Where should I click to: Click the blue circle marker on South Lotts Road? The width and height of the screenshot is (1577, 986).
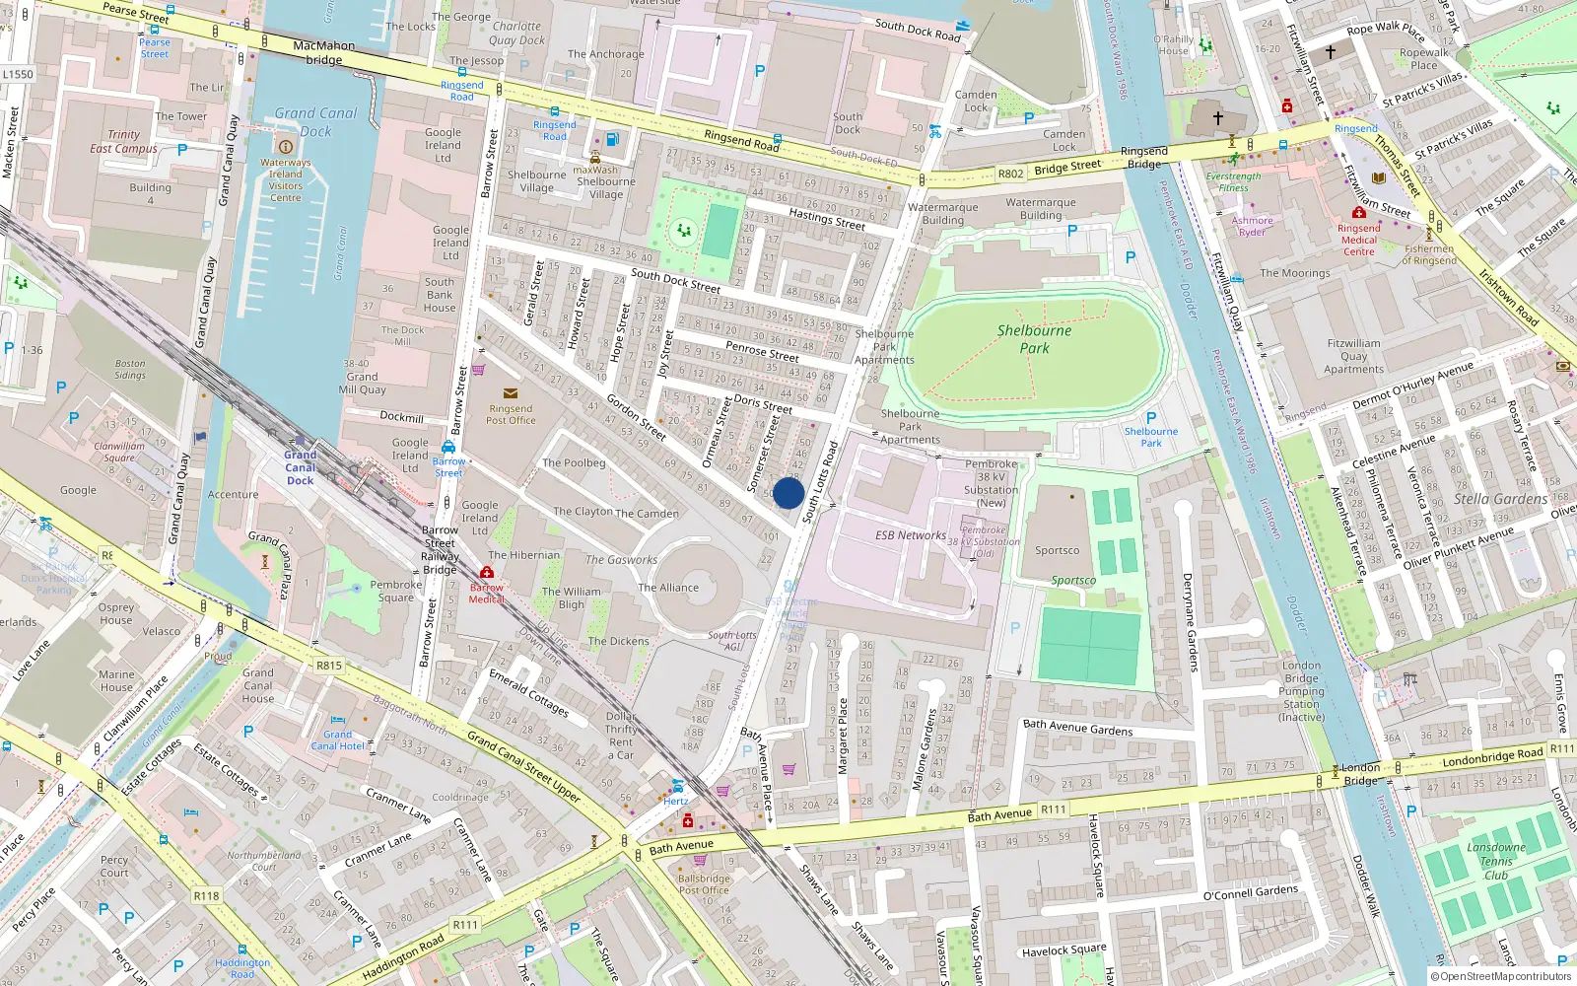(788, 493)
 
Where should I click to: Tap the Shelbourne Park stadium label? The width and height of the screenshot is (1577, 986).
(1034, 339)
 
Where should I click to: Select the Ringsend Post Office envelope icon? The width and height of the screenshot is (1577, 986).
(511, 393)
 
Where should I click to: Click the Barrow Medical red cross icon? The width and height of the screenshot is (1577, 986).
(486, 573)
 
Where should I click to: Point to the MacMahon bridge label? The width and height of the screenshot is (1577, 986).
(324, 52)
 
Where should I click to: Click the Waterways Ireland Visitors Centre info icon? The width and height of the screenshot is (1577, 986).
(286, 146)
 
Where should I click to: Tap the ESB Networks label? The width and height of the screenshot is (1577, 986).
(910, 535)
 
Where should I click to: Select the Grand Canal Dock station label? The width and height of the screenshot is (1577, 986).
(301, 467)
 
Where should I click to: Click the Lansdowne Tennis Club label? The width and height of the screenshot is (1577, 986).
(1495, 861)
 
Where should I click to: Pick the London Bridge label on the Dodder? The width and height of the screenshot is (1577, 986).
(1360, 774)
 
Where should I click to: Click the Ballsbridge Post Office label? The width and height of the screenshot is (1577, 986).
(704, 884)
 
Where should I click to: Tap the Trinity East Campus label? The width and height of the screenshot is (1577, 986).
(123, 142)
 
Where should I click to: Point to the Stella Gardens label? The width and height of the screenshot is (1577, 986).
(1500, 499)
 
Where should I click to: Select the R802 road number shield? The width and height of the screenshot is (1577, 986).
(1010, 174)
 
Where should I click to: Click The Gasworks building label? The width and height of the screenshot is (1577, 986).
(621, 560)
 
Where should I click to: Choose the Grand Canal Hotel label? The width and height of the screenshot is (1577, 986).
(338, 740)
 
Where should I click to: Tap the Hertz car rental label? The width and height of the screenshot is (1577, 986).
(676, 801)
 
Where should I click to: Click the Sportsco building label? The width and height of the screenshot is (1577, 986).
(1057, 550)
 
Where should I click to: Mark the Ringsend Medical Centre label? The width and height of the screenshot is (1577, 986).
(1358, 240)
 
